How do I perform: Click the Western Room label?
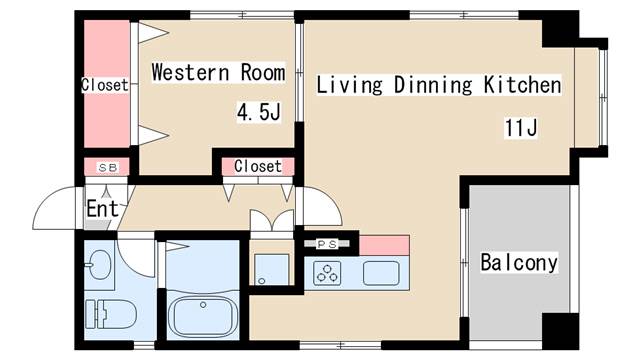(x=218, y=73)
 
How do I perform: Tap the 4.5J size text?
(x=257, y=112)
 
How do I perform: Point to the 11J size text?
(x=521, y=127)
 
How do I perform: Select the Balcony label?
(x=518, y=263)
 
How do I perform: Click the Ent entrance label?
(x=103, y=209)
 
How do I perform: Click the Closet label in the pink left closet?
(x=105, y=86)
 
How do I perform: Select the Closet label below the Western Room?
(x=258, y=166)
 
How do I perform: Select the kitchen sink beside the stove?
(x=382, y=271)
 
